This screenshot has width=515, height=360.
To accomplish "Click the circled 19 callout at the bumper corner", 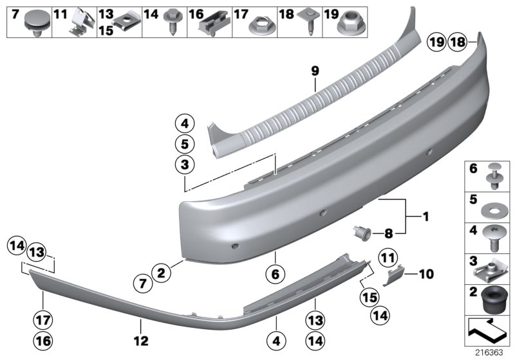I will point(436,43).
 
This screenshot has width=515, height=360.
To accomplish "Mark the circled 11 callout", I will point(386,258).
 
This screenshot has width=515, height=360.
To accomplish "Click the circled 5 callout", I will point(183,143).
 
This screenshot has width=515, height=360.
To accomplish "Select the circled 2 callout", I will point(162,273).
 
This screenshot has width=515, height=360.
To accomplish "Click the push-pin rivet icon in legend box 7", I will point(33,23).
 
